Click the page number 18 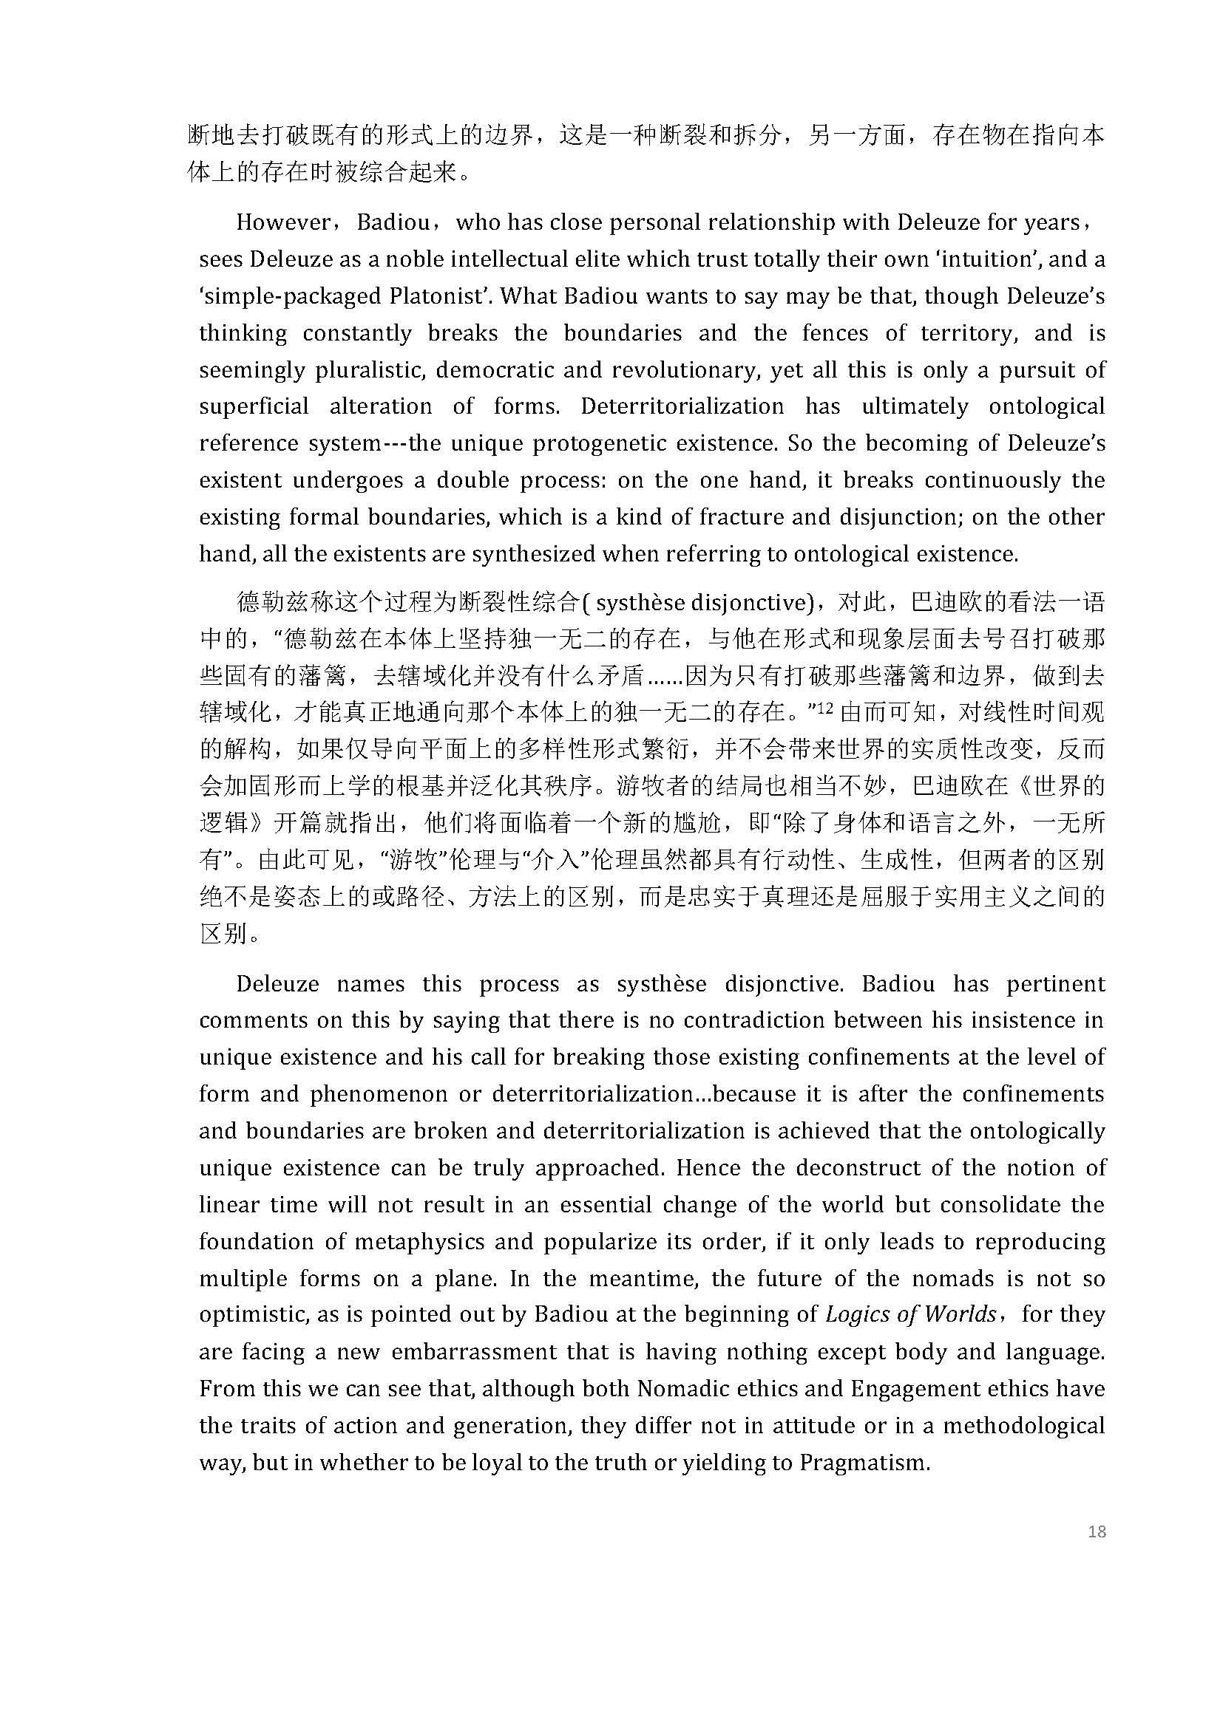coord(1097,1531)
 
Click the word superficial coord(254,406)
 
